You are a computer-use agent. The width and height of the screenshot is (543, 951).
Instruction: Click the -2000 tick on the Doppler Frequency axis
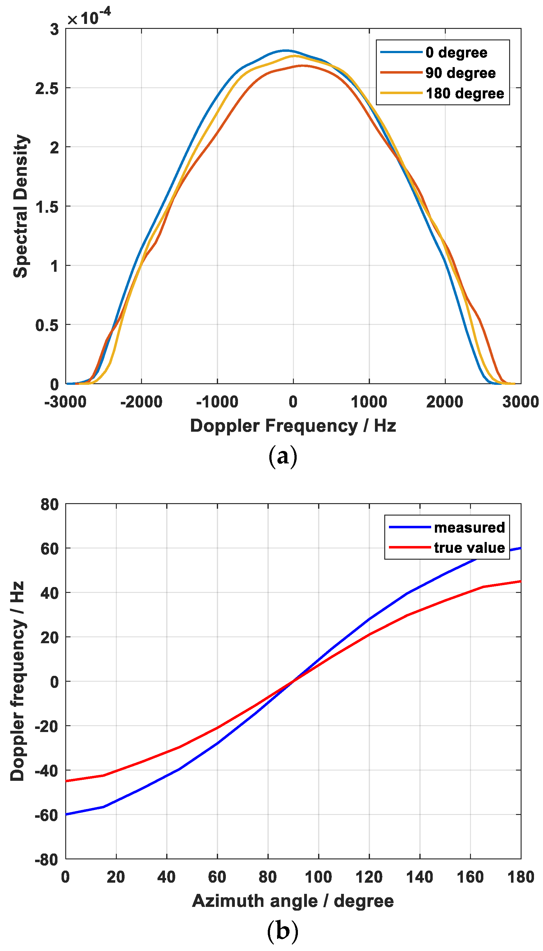[x=141, y=402]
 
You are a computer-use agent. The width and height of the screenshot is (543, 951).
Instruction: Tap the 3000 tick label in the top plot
[x=520, y=402]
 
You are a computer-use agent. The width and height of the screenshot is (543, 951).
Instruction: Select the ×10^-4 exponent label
[x=89, y=17]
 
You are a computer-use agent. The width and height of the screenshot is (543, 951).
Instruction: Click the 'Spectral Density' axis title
[x=21, y=206]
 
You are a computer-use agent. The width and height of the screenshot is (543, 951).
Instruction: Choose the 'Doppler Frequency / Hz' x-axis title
[x=293, y=426]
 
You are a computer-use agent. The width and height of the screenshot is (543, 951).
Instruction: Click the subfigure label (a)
[x=283, y=456]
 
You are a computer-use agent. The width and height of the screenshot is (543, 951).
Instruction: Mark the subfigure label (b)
[x=283, y=931]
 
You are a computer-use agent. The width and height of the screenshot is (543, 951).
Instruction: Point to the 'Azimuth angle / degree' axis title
[x=293, y=901]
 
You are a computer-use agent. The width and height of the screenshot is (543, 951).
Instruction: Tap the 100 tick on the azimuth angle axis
[x=318, y=877]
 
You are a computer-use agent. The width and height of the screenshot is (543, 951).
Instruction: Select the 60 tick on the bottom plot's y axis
[x=50, y=549]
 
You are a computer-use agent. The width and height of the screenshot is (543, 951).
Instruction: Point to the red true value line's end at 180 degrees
[x=520, y=581]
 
